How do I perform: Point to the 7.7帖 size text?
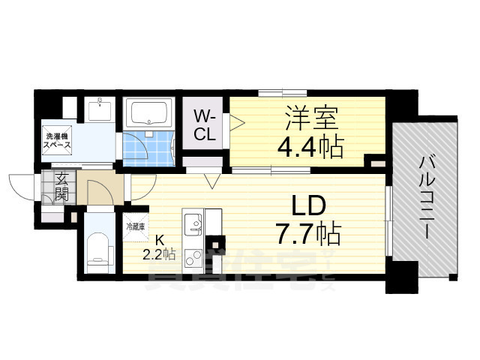coord(307,235)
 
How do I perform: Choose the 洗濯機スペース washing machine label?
coord(57,142)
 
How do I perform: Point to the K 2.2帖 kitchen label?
coord(158,247)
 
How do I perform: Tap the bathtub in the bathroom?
coord(148,113)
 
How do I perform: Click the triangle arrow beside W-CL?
coord(236,122)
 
